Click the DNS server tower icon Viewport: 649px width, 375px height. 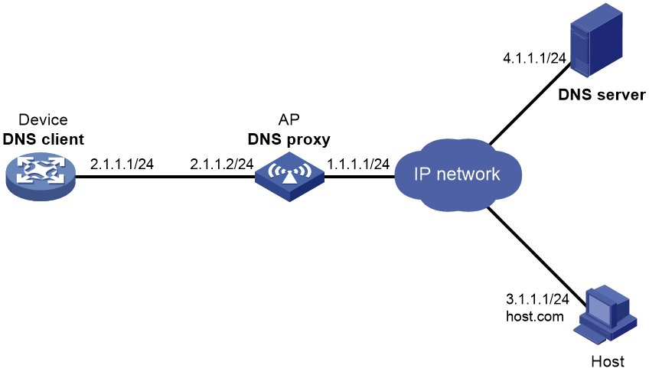tap(596, 40)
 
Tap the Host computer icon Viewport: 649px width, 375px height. tap(605, 315)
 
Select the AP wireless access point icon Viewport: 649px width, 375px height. tap(289, 177)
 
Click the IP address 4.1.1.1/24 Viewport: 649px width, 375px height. tap(534, 58)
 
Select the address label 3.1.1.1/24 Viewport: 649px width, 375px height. tap(537, 298)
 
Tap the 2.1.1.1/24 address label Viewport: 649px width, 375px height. tap(122, 165)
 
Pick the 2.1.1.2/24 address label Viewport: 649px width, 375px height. tap(222, 165)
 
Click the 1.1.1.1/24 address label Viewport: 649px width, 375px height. tap(358, 165)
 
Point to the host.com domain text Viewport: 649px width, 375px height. tap(535, 317)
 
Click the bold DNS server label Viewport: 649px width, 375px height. tap(602, 95)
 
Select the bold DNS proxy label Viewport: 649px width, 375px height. tap(289, 139)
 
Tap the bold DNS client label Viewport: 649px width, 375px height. tap(44, 139)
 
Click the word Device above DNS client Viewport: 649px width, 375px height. tap(43, 119)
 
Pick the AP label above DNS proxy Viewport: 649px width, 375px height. tap(289, 119)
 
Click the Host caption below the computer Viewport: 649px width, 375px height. tap(608, 362)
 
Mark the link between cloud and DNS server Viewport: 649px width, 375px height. tap(530, 104)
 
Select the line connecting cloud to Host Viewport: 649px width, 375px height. tap(536, 257)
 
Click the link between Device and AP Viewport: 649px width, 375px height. tap(165, 177)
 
